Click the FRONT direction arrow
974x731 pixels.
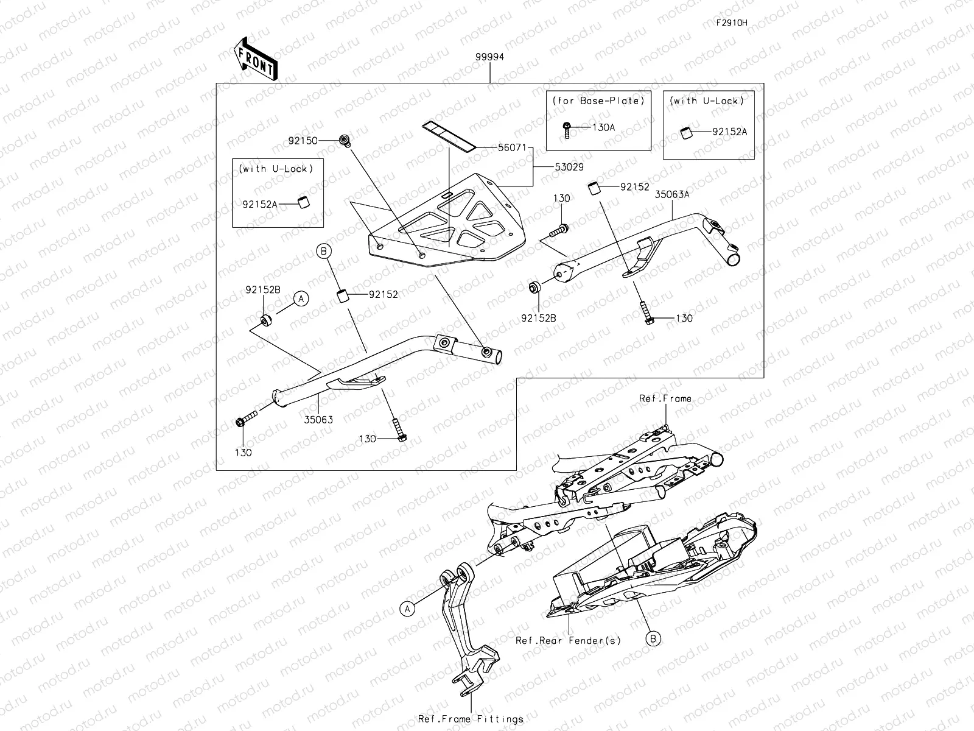click(x=254, y=59)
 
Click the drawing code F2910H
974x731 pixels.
click(x=731, y=23)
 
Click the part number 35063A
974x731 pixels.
click(x=672, y=195)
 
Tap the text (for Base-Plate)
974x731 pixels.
click(x=598, y=101)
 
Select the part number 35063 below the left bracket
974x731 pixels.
click(x=320, y=420)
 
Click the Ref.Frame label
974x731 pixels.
click(x=665, y=398)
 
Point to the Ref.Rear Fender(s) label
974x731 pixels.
click(x=568, y=640)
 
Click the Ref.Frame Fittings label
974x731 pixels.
click(x=471, y=719)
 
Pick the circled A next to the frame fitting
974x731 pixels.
click(x=407, y=607)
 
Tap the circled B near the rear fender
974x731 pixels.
click(x=653, y=638)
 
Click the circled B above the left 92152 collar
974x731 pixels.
click(x=324, y=250)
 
